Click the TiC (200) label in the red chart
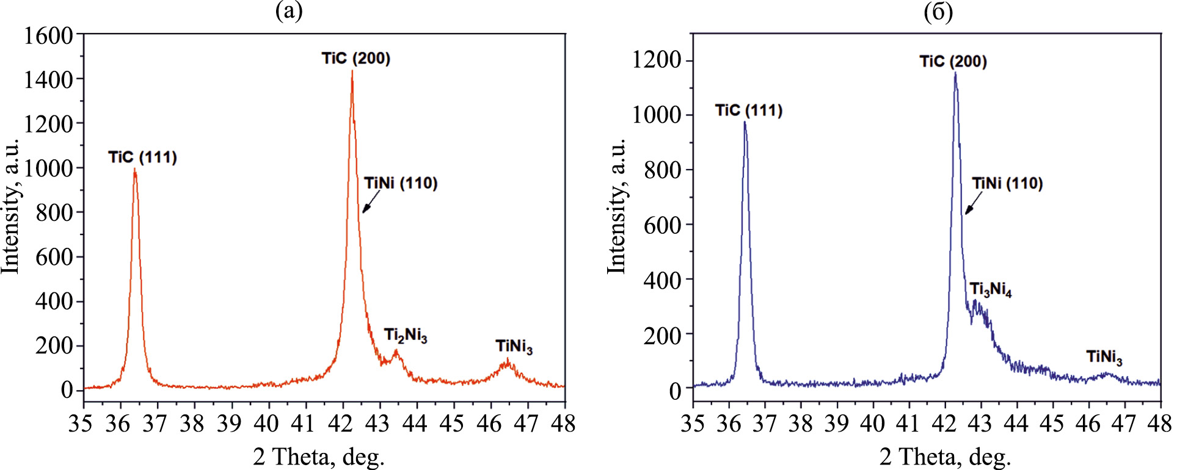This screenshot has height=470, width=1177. [356, 59]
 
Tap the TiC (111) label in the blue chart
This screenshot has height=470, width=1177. [749, 110]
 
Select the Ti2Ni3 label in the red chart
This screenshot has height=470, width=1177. [406, 336]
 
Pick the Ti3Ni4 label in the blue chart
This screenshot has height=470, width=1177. [990, 289]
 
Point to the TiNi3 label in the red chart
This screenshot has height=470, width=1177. [514, 347]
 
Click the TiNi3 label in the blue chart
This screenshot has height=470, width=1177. [1104, 358]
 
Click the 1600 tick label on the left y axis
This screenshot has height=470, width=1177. [48, 35]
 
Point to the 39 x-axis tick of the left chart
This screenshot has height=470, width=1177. [230, 423]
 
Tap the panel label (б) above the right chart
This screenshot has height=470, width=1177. [938, 12]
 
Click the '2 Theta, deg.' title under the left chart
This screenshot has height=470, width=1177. [319, 457]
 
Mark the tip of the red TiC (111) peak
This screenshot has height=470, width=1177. [134, 170]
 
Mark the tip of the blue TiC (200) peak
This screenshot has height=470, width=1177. [955, 73]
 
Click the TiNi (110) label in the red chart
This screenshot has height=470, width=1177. [401, 184]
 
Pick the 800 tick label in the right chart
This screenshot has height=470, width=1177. [663, 170]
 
